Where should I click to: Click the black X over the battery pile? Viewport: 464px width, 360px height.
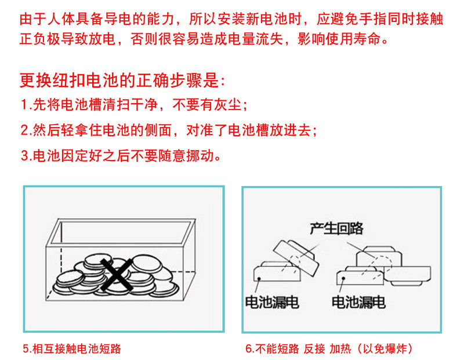coord(117,275)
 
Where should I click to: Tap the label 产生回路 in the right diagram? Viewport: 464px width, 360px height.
coord(336,228)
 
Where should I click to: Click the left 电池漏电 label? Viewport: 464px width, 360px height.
coord(272,302)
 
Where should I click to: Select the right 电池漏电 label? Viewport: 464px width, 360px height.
coord(358,302)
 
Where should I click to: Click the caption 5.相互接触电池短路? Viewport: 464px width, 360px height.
coord(72,349)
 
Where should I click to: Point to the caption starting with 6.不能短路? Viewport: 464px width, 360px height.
coord(329,349)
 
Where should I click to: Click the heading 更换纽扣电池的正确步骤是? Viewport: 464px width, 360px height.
coord(122,80)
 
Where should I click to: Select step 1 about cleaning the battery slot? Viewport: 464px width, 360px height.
coord(134,105)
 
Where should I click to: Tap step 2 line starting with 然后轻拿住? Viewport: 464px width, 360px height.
coord(169,130)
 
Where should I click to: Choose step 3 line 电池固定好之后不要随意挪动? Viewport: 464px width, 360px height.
coord(121,155)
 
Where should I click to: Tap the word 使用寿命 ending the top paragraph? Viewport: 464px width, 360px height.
coord(353,39)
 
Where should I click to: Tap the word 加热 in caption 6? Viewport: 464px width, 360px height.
coord(340,349)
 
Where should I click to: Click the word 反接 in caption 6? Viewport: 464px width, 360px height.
coord(314,349)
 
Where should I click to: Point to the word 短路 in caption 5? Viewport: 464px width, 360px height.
coord(110,349)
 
